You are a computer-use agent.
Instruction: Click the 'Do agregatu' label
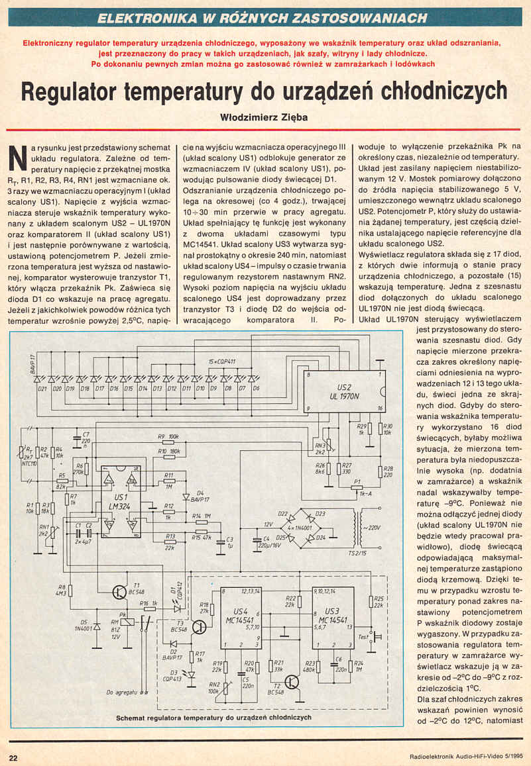(x=121, y=693)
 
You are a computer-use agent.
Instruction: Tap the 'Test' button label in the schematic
(x=363, y=637)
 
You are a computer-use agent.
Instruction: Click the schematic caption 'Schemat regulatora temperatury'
(x=213, y=717)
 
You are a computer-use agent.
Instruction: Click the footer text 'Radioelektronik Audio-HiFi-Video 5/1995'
(x=457, y=757)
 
